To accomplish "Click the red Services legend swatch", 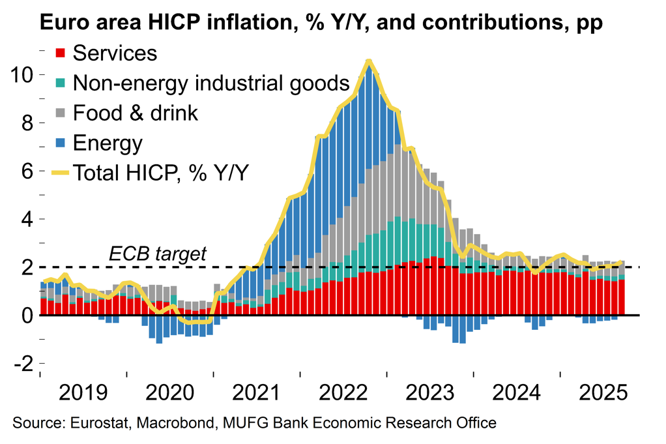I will pyautogui.click(x=61, y=53).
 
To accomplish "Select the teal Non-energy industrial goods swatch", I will pyautogui.click(x=61, y=83).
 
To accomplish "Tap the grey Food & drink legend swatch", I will pyautogui.click(x=61, y=113).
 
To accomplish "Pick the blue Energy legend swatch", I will pyautogui.click(x=61, y=143).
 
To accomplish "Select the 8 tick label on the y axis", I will pyautogui.click(x=25, y=123).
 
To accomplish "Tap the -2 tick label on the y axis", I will pyautogui.click(x=21, y=364).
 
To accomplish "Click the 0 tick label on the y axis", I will pyautogui.click(x=25, y=316).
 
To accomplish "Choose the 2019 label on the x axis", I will pyautogui.click(x=83, y=393).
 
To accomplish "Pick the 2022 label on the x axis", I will pyautogui.click(x=343, y=393).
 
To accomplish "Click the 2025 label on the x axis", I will pyautogui.click(x=602, y=393).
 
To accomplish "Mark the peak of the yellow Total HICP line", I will pyautogui.click(x=369, y=61).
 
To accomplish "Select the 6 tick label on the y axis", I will pyautogui.click(x=25, y=171).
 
